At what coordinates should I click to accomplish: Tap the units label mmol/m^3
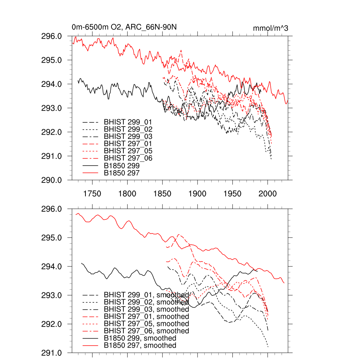point(270,28)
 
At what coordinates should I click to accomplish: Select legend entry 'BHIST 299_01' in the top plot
point(128,122)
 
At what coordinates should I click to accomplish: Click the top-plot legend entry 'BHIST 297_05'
point(128,151)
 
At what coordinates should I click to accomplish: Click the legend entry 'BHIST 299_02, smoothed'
point(146,302)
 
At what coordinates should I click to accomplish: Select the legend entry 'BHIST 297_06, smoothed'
point(146,331)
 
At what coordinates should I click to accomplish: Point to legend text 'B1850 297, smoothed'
point(140,346)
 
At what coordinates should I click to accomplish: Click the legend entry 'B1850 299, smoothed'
point(140,338)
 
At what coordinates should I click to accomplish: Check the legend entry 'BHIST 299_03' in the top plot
point(128,136)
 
